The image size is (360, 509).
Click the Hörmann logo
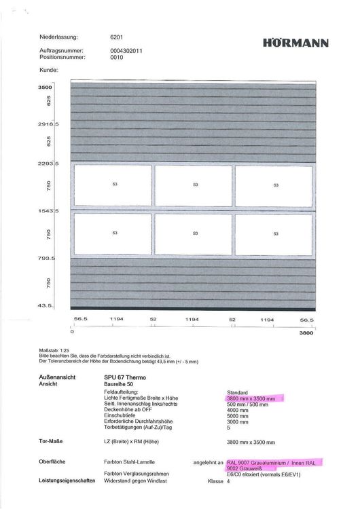pos(295,43)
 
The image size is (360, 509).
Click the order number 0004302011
pos(126,51)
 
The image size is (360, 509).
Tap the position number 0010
pos(116,58)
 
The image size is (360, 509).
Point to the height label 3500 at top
pos(46,88)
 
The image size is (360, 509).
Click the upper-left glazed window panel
pos(113,185)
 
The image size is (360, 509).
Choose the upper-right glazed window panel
pos(274,185)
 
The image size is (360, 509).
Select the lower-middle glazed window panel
pos(194,233)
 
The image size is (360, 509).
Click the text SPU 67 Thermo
pos(125,377)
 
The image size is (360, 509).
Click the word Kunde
pos(49,69)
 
